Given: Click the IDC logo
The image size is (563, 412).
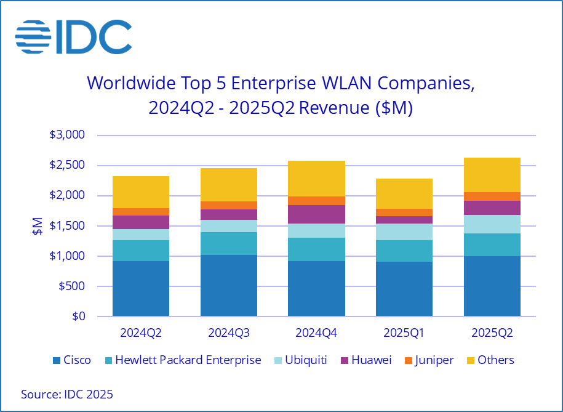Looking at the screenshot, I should coord(73,36).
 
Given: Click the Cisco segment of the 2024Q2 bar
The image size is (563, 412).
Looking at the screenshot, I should coord(141,288).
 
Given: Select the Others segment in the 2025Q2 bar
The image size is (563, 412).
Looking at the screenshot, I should coord(492,175).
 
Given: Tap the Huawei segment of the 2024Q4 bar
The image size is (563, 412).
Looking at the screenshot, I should coord(316,214).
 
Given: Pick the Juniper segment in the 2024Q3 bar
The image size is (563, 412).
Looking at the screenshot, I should coord(229,205).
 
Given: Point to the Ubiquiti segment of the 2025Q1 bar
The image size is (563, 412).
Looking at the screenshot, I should coord(404,232).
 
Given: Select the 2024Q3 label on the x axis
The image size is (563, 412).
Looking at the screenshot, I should coord(229,333).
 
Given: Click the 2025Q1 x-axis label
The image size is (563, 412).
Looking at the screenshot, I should coord(404,333).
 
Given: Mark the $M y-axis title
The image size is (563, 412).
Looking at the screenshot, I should coord(38,226).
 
